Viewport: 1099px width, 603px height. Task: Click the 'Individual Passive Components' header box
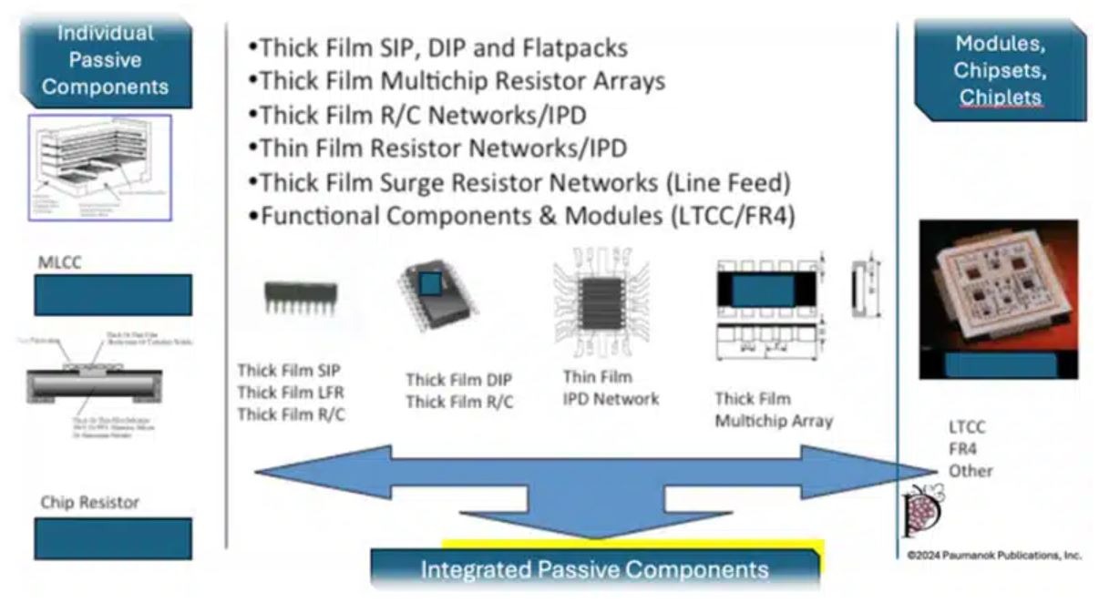tap(106, 61)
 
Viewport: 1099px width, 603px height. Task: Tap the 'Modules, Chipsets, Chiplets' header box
tap(999, 70)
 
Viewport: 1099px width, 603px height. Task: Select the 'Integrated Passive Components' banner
tap(594, 570)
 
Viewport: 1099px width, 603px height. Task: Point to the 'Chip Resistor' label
tap(89, 502)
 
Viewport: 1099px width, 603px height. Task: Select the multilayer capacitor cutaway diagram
tap(99, 167)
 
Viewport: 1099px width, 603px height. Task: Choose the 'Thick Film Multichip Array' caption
tap(773, 410)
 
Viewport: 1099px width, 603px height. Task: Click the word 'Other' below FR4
tap(970, 471)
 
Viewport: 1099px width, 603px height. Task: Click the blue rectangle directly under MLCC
tap(113, 295)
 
